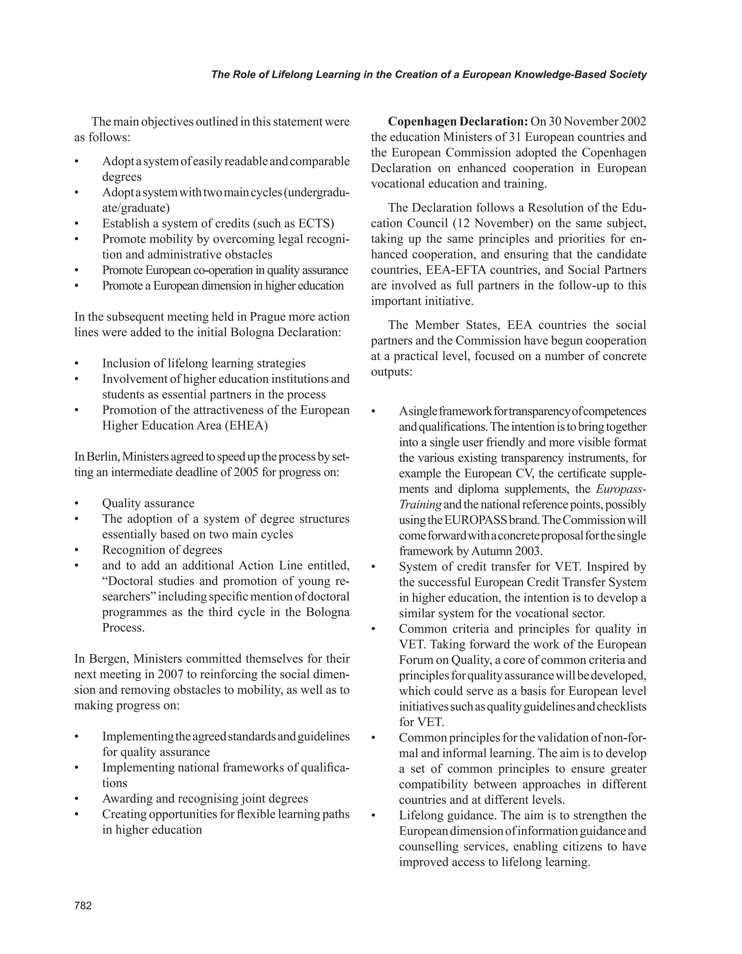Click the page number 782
[83, 905]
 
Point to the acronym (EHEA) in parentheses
[246, 425]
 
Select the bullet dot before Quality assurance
[77, 504]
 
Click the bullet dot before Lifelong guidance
[374, 816]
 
